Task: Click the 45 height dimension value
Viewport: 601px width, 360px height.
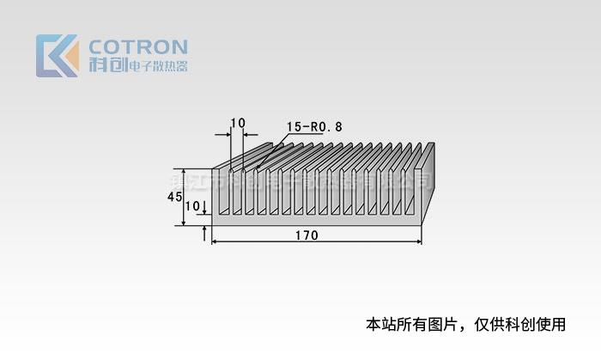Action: [173, 197]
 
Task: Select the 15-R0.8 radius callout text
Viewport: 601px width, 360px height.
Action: [314, 126]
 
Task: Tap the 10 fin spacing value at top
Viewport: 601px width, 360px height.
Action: [238, 122]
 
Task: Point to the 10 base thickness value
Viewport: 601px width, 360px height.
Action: [191, 206]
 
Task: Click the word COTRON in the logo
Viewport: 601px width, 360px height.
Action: [138, 46]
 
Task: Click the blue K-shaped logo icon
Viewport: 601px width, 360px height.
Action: [56, 56]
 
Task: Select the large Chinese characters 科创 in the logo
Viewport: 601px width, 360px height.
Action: [106, 65]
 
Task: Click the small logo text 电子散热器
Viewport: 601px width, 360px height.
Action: [157, 66]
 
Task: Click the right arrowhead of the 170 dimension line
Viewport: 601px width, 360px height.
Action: [419, 242]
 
